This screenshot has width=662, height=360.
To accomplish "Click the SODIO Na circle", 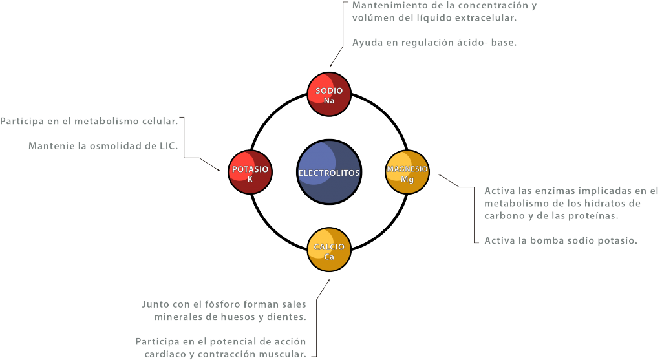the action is pos(329,94).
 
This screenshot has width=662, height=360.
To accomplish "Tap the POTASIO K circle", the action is pos(250,172).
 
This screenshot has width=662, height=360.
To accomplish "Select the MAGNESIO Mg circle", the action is pos(407,172).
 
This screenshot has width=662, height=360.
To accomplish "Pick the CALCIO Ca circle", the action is pos(329,249).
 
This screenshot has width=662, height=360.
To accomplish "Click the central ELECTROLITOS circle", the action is pos(329,172).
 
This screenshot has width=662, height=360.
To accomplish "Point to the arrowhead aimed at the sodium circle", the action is pos(332,65).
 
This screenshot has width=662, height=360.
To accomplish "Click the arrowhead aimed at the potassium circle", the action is pos(219,170).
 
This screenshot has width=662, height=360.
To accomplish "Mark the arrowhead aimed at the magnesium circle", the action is pos(440,175).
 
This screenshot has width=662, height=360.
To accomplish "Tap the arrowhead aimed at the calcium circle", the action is pos(328,281).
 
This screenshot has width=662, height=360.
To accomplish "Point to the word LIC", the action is pos(169,146).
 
